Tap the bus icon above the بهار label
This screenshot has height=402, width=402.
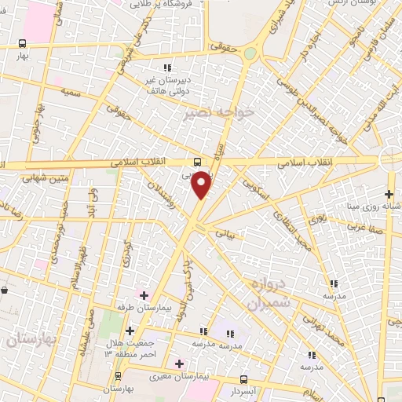click(x=23, y=44)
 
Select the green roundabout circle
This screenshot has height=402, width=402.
click(x=250, y=53)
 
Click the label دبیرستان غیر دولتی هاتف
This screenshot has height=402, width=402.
click(x=166, y=87)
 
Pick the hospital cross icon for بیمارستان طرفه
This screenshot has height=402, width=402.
click(x=143, y=296)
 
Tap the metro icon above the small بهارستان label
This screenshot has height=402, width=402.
click(x=117, y=376)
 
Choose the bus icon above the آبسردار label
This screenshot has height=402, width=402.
click(x=243, y=378)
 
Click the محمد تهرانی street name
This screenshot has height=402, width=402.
click(x=323, y=331)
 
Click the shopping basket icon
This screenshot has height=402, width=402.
click(x=5, y=291)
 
